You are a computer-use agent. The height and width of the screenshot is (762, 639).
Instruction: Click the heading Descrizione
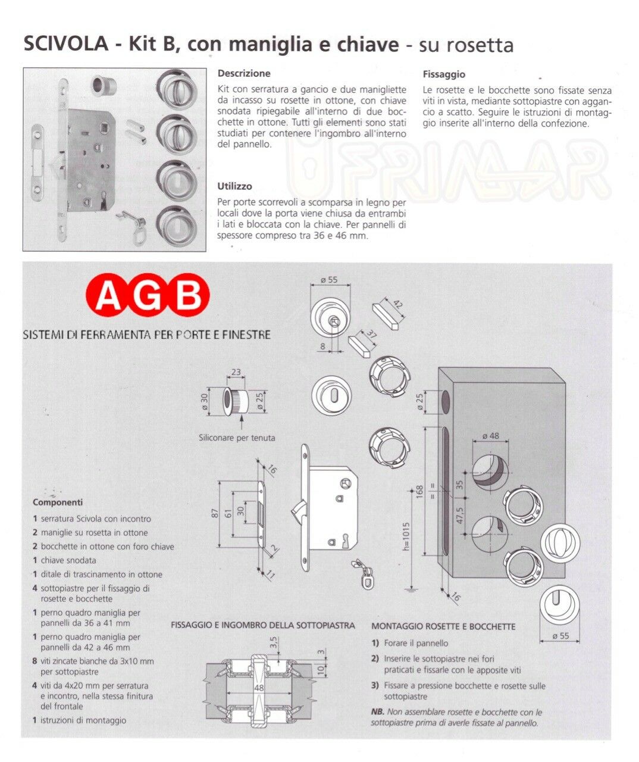click(244, 74)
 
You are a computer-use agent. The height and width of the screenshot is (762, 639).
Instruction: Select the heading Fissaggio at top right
click(444, 74)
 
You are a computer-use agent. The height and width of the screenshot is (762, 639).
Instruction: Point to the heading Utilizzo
click(235, 186)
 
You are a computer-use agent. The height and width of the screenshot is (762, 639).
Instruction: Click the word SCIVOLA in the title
click(65, 45)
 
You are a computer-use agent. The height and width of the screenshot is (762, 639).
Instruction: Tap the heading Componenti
click(58, 502)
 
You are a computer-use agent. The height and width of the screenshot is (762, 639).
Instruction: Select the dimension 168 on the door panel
click(419, 492)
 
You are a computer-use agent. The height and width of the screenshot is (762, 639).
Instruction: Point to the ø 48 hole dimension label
click(490, 436)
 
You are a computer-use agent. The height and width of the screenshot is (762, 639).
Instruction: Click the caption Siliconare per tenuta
click(237, 438)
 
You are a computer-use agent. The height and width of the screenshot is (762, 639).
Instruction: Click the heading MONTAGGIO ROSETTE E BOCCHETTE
click(443, 626)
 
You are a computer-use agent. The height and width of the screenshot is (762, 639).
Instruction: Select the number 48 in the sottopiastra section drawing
click(259, 688)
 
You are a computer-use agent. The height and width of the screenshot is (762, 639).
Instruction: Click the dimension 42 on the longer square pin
click(398, 305)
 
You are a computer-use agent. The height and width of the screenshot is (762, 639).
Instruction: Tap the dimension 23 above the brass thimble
click(236, 373)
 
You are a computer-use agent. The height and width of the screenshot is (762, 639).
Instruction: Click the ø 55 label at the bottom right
click(560, 636)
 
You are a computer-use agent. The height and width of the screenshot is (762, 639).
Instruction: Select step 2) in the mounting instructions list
click(375, 659)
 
